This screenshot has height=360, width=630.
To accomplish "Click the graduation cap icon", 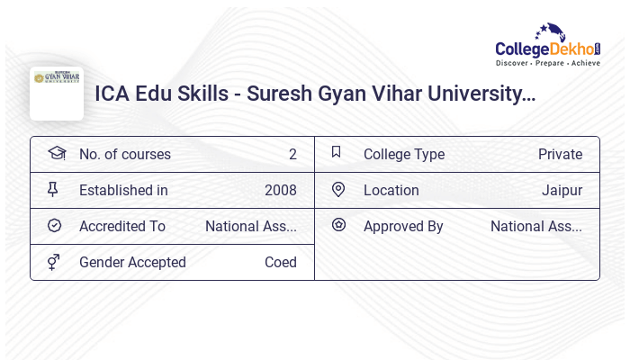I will pyautogui.click(x=57, y=153).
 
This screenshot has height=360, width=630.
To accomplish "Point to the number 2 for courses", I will pyautogui.click(x=292, y=154).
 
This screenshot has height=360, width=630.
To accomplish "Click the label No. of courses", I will pyautogui.click(x=125, y=154).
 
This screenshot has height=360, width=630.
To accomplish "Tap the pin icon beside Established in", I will pyautogui.click(x=53, y=189).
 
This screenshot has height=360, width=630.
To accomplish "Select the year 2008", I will pyautogui.click(x=281, y=190).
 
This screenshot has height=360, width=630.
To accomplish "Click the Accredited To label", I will pyautogui.click(x=122, y=226).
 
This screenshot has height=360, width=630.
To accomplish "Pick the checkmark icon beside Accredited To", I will pyautogui.click(x=54, y=225).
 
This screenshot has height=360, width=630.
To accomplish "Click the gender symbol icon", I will pyautogui.click(x=54, y=261).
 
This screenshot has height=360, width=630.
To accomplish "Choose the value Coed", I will pyautogui.click(x=281, y=262).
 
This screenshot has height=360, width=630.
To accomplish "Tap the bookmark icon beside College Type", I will pyautogui.click(x=337, y=152).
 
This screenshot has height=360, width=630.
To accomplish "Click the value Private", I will pyautogui.click(x=560, y=154).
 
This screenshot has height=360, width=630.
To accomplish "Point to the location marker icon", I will pyautogui.click(x=338, y=189).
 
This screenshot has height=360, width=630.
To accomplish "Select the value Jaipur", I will pyautogui.click(x=562, y=190).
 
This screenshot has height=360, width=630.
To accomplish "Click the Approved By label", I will pyautogui.click(x=403, y=226).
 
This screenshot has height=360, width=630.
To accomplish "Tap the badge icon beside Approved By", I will pyautogui.click(x=338, y=225).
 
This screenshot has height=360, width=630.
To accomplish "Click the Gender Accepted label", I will pyautogui.click(x=132, y=262).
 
